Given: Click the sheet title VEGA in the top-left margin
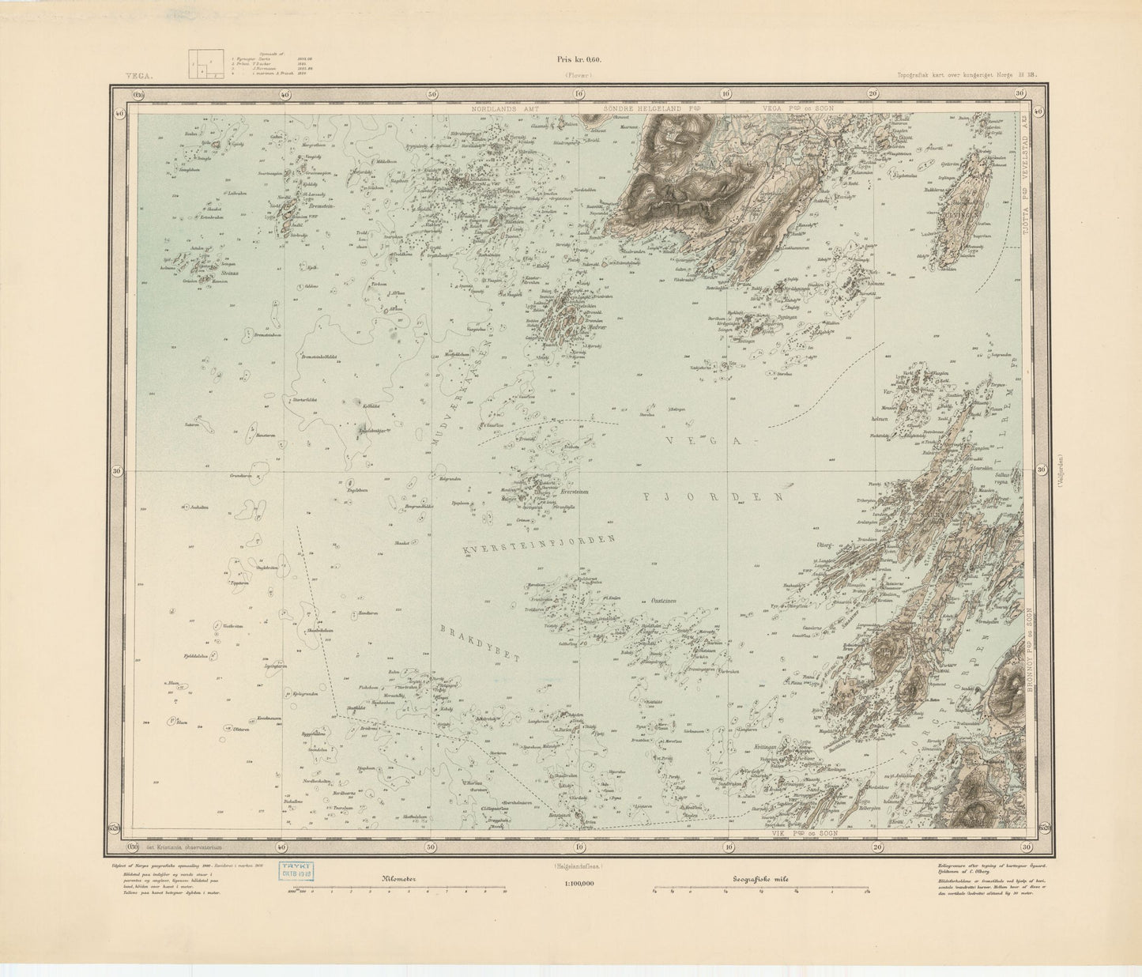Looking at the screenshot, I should [x=136, y=77].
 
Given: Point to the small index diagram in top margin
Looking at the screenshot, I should [x=204, y=64].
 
